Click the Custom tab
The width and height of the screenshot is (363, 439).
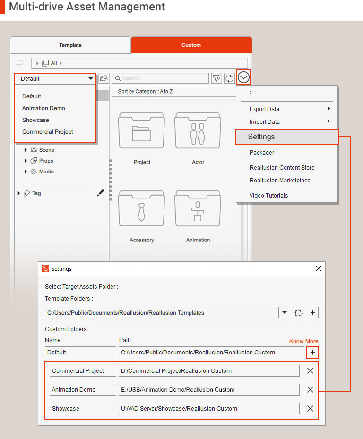click(x=191, y=45)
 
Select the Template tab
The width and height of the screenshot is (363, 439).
click(x=70, y=45)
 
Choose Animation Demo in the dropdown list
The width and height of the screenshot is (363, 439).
click(x=43, y=108)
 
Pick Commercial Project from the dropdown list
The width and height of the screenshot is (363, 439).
click(x=48, y=131)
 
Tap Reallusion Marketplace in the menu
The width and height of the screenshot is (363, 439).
click(x=280, y=181)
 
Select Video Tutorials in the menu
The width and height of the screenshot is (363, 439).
click(x=268, y=196)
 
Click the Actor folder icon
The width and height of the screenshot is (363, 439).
click(x=198, y=130)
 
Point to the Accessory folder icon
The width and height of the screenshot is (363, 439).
click(x=141, y=208)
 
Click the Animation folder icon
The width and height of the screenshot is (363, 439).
click(x=198, y=208)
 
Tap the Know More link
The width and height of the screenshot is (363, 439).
click(x=303, y=341)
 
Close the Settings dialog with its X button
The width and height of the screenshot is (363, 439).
click(x=319, y=268)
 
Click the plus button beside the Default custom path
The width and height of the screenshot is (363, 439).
click(x=312, y=352)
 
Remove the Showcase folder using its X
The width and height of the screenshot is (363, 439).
click(x=310, y=408)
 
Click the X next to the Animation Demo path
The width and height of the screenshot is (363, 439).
click(x=310, y=389)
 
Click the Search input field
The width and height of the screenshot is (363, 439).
click(x=160, y=78)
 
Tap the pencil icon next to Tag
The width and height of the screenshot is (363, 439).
click(x=100, y=193)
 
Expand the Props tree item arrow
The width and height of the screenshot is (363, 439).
click(x=26, y=161)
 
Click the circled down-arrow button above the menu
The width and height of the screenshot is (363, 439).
click(x=243, y=77)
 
